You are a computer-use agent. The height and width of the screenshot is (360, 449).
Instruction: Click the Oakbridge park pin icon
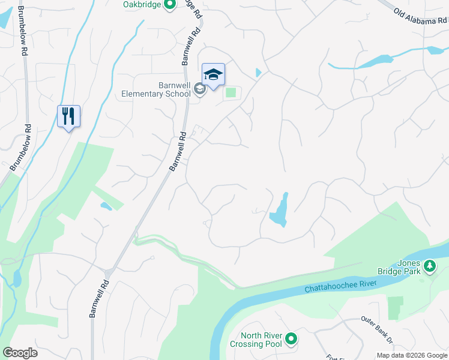(169, 5)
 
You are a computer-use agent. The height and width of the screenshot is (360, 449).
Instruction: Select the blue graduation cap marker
(213, 75)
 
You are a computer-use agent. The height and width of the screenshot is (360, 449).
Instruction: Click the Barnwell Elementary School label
(156, 89)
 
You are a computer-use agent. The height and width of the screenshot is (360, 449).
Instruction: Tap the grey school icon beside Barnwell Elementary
(200, 90)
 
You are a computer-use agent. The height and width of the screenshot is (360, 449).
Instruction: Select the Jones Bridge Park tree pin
(430, 265)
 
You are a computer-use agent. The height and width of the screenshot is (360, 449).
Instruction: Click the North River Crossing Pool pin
(291, 340)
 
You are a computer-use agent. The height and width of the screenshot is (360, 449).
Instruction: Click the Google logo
(20, 353)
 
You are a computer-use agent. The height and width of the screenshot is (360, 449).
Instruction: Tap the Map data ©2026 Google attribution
(411, 355)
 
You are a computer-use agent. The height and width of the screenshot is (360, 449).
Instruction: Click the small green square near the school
(231, 93)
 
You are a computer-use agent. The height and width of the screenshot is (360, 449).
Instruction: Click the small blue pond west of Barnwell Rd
(106, 207)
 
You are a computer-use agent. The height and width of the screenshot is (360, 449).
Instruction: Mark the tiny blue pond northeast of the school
(258, 73)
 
